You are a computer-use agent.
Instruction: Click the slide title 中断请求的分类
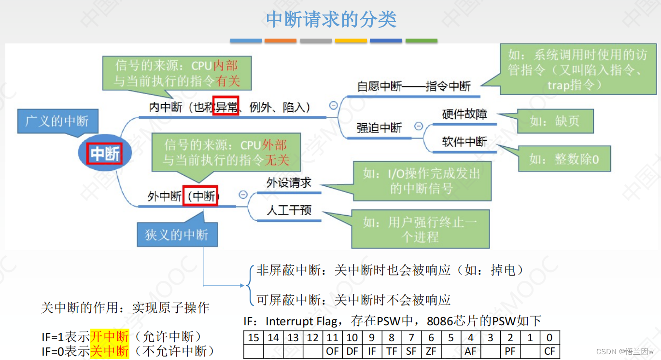pos(331,19)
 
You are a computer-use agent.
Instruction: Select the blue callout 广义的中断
pos(57,121)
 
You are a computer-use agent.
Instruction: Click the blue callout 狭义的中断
pos(177,235)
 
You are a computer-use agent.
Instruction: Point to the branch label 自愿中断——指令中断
pos(414,86)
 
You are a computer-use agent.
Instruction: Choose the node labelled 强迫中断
pos(379,127)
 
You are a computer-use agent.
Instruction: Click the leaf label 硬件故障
pos(464,114)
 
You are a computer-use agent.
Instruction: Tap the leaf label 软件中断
pos(464,142)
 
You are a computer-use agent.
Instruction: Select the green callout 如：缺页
pos(555,121)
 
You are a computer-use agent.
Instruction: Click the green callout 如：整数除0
pos(563,159)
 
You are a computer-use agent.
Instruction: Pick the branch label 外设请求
pos(289,183)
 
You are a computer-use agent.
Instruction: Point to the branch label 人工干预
pos(289,210)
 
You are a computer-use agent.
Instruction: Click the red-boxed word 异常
pos(226,107)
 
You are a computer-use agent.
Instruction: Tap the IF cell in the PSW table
pos(372,351)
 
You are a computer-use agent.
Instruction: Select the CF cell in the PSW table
pos(550,351)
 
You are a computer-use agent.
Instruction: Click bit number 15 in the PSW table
pos(253,338)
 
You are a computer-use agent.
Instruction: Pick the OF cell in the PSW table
pos(332,351)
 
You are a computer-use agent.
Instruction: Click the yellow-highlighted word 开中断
pos(110,336)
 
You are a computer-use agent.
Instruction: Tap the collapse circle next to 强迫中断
pos(419,126)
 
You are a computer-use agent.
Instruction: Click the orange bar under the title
pos(281,41)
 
